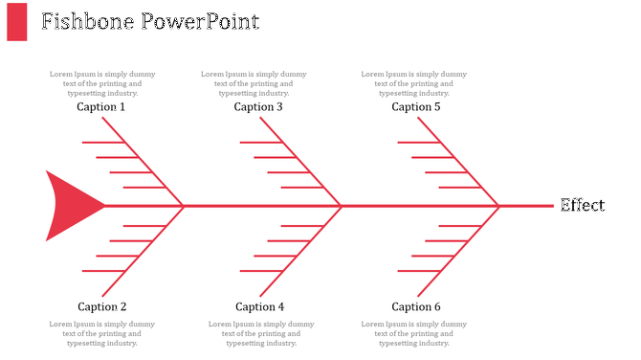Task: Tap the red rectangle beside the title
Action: pos(17,22)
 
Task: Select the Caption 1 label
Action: pos(101,107)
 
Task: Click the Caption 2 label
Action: pos(102,307)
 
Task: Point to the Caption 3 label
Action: pos(258,107)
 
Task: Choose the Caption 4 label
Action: pos(259,307)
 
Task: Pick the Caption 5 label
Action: pos(416,107)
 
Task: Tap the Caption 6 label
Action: pos(416,307)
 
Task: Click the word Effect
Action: pos(582,206)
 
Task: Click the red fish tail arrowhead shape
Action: pos(70,205)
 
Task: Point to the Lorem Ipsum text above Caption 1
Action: pos(102,83)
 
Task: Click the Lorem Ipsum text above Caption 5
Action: pos(414,83)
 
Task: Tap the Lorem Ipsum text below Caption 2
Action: pos(102,333)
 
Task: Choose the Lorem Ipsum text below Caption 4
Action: pos(261,333)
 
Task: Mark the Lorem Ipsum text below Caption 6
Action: pos(414,333)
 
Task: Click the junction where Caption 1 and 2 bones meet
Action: pos(184,206)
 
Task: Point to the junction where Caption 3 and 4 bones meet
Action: pos(342,206)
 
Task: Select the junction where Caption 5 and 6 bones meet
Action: pos(499,206)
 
